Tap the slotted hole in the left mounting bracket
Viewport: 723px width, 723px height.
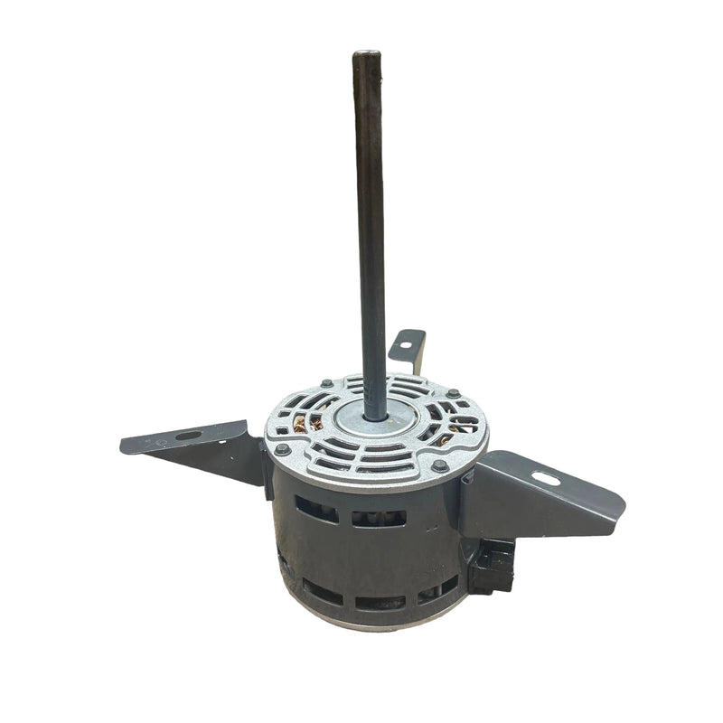click(189, 436)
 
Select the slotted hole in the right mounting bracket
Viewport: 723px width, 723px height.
click(546, 477)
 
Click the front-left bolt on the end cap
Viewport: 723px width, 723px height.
click(283, 449)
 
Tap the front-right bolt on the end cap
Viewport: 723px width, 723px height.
click(440, 466)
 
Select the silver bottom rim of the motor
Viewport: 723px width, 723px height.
click(380, 624)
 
